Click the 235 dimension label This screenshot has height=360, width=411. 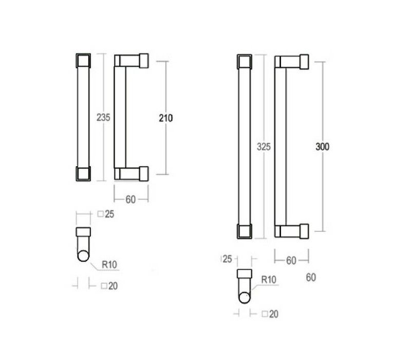[x=103, y=117]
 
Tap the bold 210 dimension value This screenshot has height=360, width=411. [x=165, y=118]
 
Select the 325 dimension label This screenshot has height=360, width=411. [x=264, y=147]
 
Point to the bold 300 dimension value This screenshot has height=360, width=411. [x=323, y=147]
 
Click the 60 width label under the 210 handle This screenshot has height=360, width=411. [x=130, y=200]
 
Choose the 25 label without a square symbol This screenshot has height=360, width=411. [x=227, y=259]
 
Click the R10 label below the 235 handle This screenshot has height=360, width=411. [x=109, y=264]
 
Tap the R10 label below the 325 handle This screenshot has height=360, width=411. [x=269, y=280]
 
